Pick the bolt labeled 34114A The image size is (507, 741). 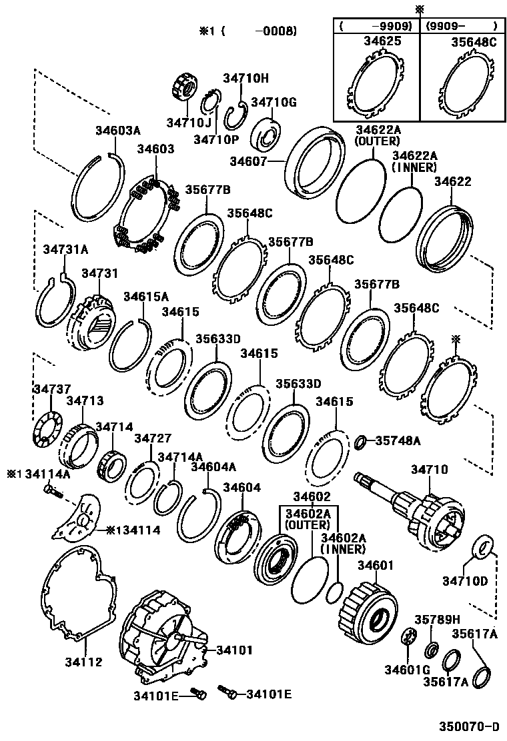tap(52, 493)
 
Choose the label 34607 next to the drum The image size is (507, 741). tap(249, 161)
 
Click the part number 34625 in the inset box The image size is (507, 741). tap(382, 41)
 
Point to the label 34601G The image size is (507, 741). tap(402, 669)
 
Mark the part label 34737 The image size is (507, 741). tap(51, 389)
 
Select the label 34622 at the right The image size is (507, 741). tap(452, 181)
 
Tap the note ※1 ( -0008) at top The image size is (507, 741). tap(247, 31)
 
